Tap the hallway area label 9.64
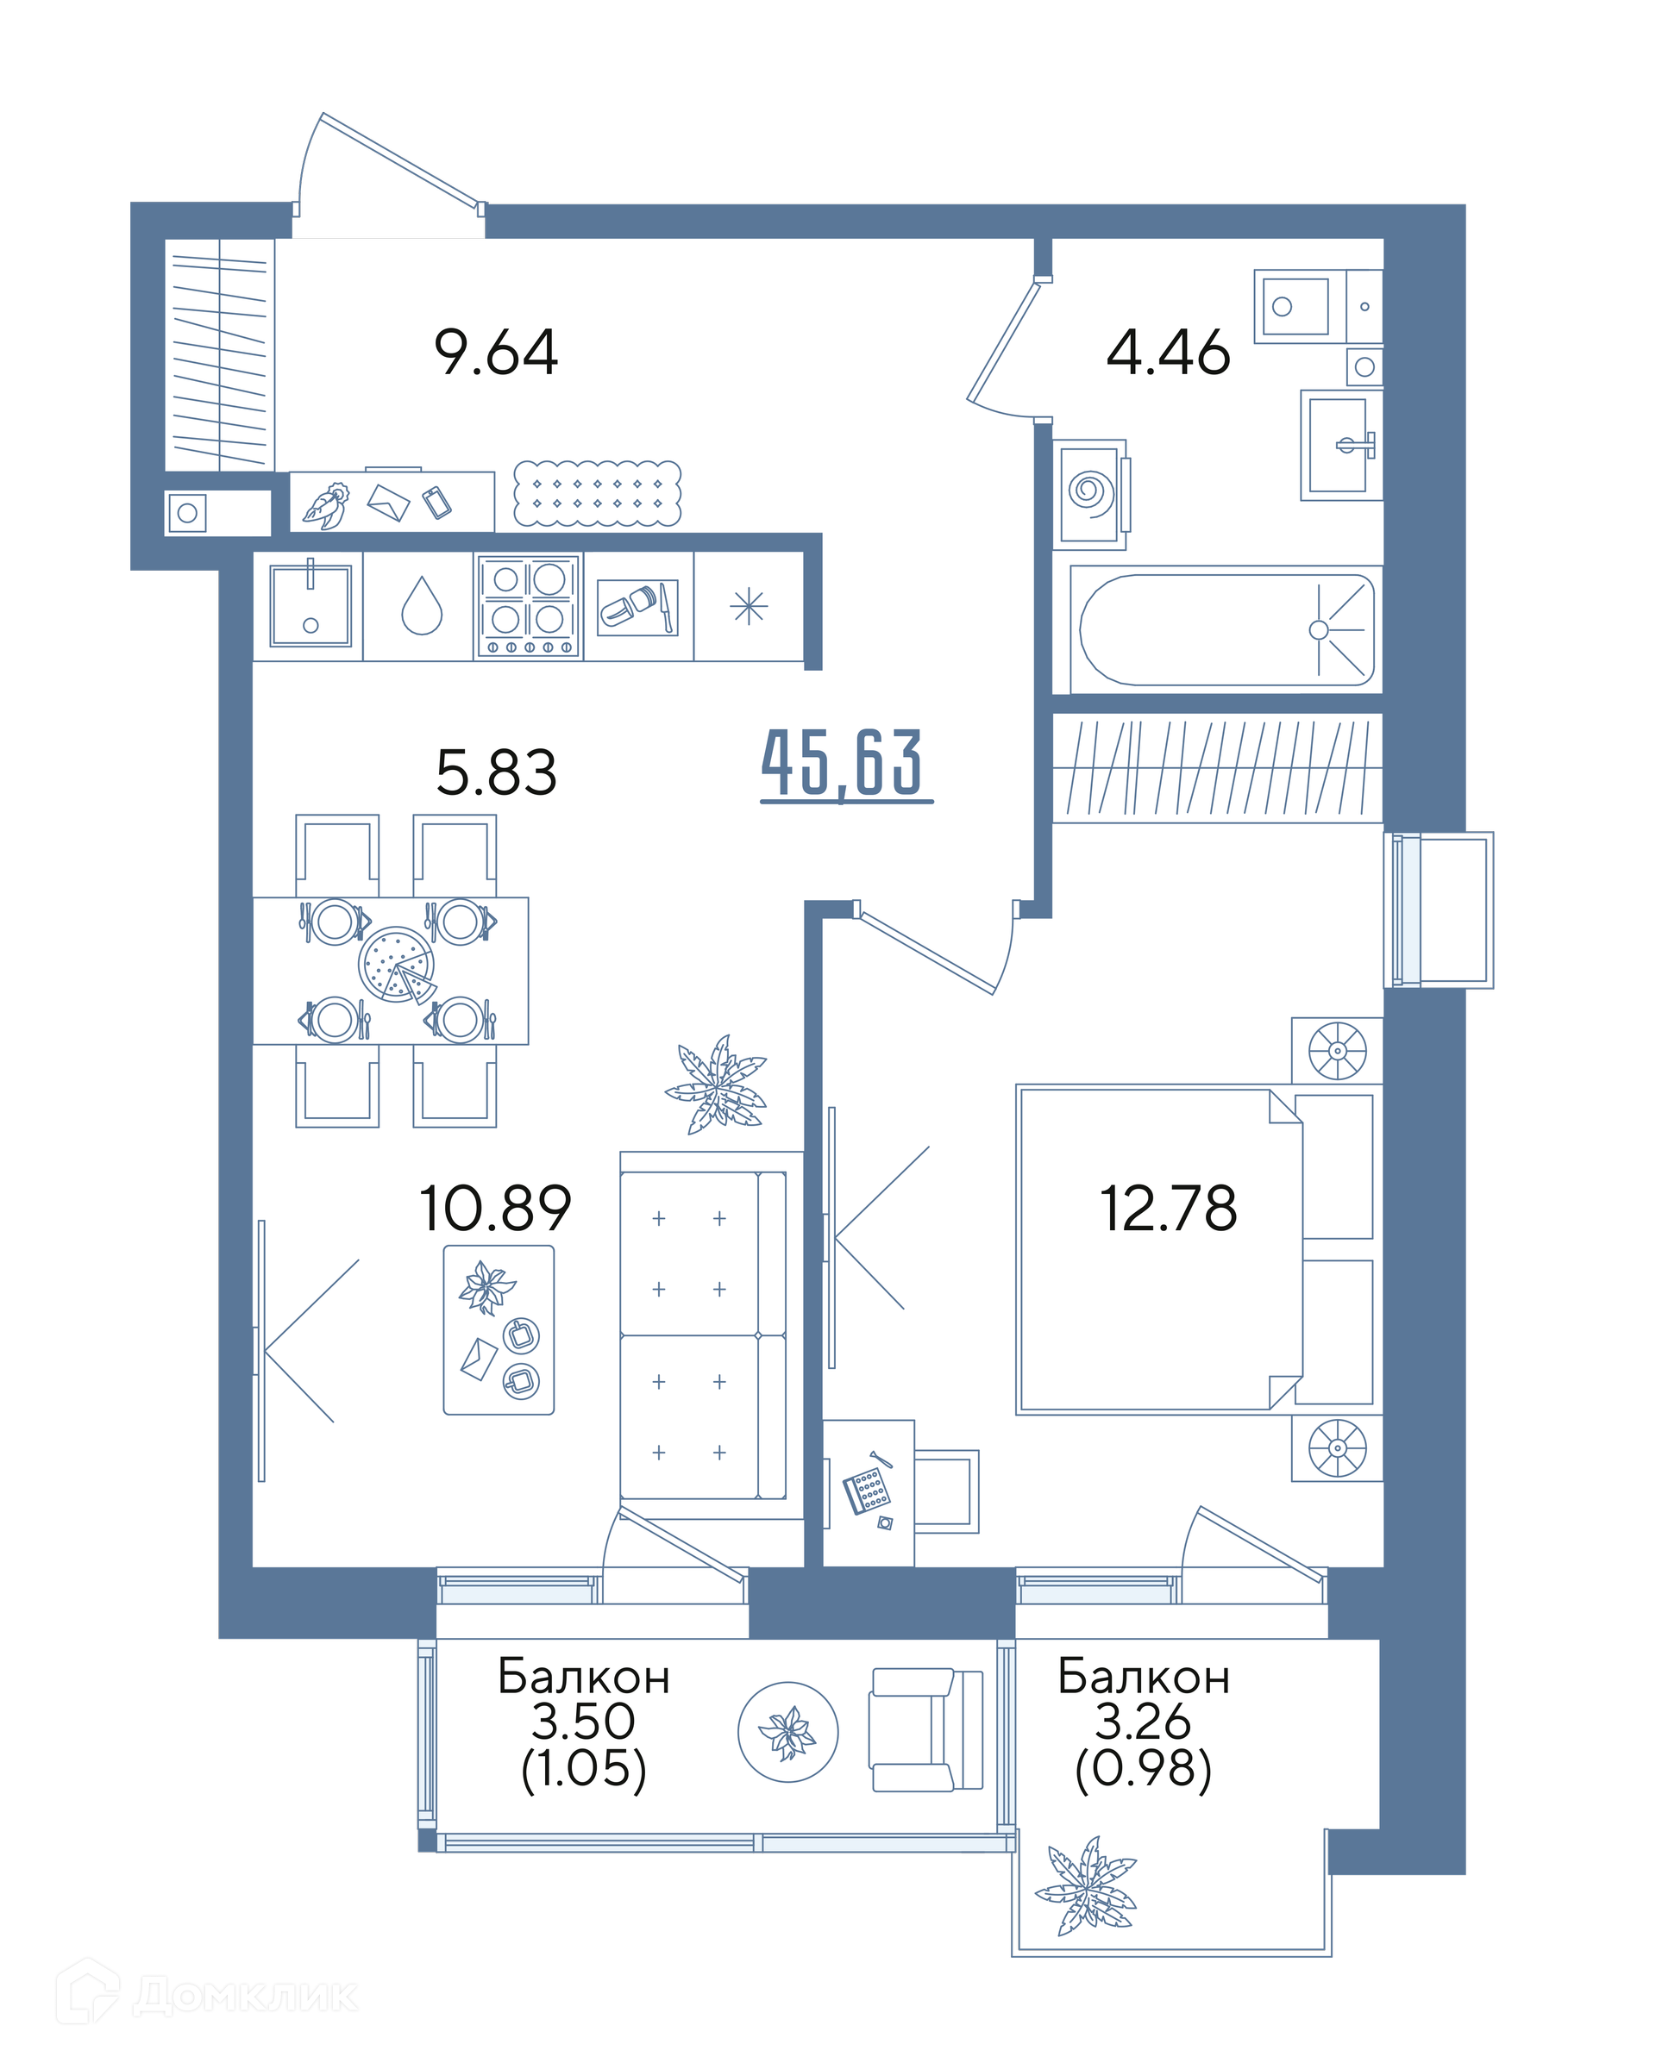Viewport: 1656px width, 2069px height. coord(495,353)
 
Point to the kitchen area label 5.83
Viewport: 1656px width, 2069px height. coord(495,772)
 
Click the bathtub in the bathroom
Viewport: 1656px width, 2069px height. coord(1226,629)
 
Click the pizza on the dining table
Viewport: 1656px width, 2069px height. coord(397,965)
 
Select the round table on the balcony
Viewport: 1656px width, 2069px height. coord(788,1732)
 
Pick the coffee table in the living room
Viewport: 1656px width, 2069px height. coord(499,1330)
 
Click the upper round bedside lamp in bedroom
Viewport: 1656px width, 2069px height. coord(1337,1050)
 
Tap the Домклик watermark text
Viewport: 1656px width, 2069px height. coord(245,1996)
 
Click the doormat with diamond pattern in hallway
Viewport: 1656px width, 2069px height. coord(597,493)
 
